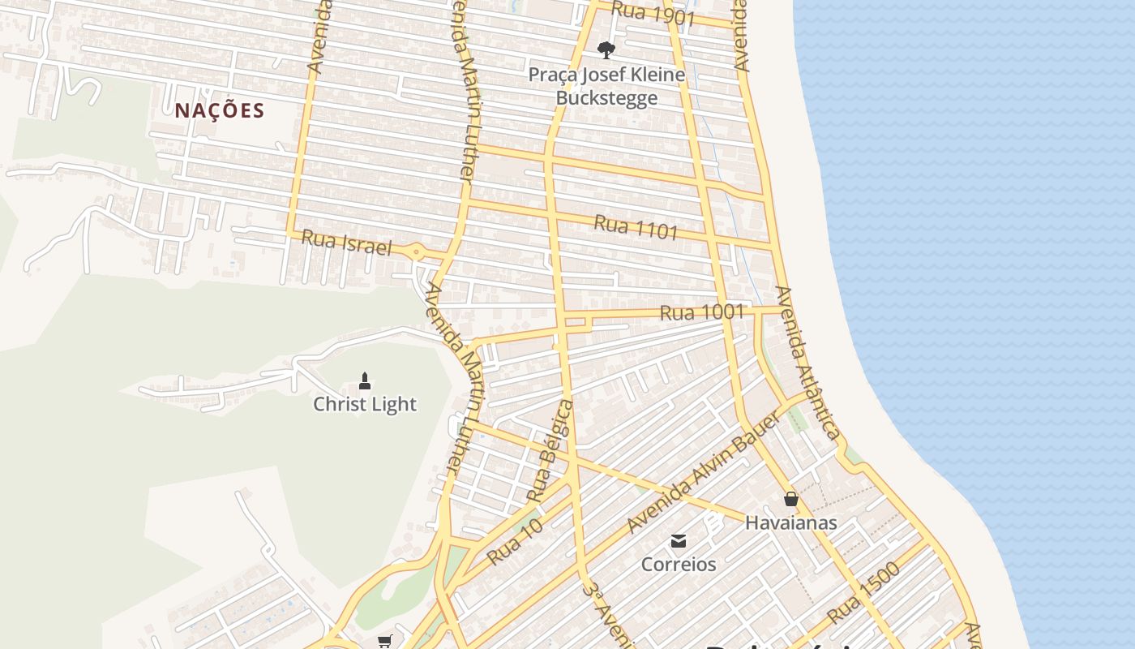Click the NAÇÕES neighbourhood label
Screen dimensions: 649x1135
click(220, 110)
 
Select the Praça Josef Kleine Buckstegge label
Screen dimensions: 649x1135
click(606, 86)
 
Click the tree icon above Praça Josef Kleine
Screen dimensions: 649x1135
click(606, 50)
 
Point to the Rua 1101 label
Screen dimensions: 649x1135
click(636, 227)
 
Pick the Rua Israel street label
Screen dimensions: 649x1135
click(346, 243)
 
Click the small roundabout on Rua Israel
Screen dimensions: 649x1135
click(417, 252)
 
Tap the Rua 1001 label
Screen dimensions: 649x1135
click(690, 312)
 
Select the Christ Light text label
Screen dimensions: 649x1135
click(365, 404)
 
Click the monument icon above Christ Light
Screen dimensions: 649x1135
click(365, 380)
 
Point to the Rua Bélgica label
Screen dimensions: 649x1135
click(550, 450)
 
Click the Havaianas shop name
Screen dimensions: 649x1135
click(790, 523)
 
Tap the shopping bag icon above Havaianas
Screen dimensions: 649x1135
click(791, 499)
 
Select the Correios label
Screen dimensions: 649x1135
click(679, 564)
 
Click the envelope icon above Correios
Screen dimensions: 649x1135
click(679, 540)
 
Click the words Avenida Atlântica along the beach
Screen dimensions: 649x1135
click(807, 363)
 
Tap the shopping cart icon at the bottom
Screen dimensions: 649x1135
click(385, 642)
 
